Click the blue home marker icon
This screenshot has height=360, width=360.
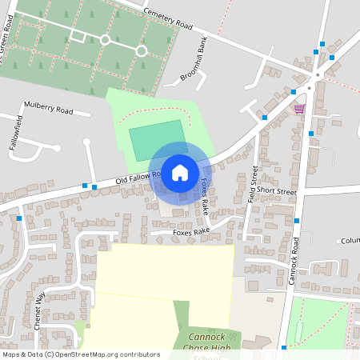click(180, 172)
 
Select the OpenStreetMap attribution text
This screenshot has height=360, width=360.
click(81, 354)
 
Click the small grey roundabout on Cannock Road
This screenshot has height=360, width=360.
click(318, 76)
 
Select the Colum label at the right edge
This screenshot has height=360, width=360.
click(350, 240)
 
